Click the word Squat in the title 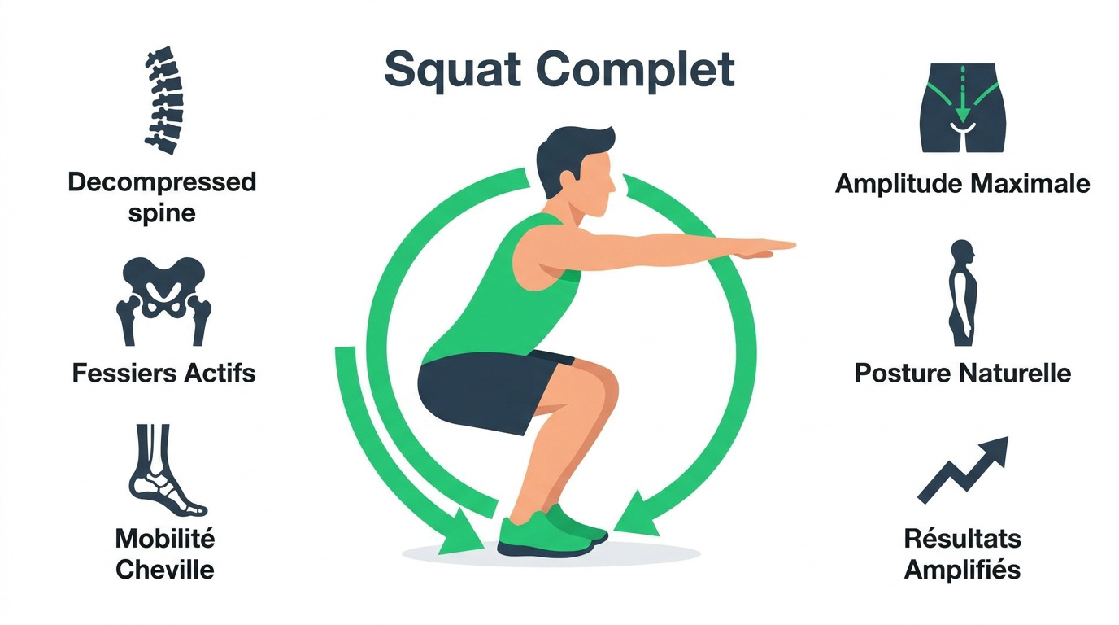(x=453, y=70)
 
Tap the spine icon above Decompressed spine (x=163, y=100)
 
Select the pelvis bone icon (x=163, y=301)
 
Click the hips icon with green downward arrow (x=963, y=107)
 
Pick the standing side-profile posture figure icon (x=962, y=293)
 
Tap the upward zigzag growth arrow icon (x=963, y=470)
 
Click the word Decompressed (x=162, y=183)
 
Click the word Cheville (x=165, y=570)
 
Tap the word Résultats (x=962, y=539)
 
